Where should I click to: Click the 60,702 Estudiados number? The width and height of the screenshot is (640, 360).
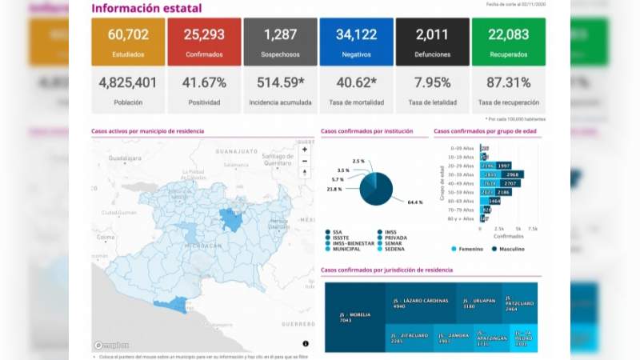[128, 34]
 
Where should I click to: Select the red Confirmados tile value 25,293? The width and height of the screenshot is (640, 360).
[204, 34]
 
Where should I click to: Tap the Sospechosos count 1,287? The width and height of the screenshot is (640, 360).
[280, 34]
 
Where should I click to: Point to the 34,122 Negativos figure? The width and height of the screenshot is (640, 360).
[356, 34]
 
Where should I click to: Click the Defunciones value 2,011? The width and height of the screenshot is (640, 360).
[432, 34]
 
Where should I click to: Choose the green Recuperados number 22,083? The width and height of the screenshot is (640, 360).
[508, 34]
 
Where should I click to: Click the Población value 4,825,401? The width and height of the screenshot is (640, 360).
[128, 82]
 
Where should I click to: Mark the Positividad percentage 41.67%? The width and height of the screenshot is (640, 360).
[204, 82]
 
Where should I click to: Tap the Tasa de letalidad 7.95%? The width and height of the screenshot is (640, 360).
[432, 82]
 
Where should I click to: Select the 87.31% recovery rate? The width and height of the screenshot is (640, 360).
[508, 82]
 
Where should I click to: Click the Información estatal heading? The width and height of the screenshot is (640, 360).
[146, 9]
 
